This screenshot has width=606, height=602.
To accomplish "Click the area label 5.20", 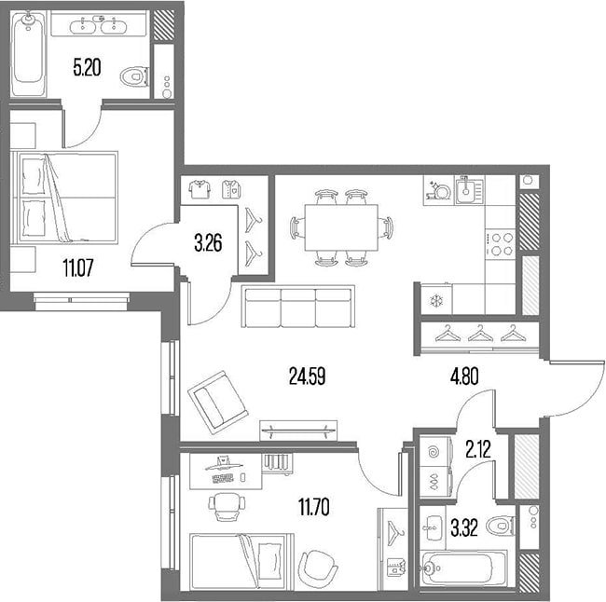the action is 88,68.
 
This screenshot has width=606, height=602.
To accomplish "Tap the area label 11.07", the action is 77,267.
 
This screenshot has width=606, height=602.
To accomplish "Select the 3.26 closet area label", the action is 208,244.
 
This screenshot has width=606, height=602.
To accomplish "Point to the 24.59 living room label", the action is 308,376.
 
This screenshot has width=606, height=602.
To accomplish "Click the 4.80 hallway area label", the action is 464,376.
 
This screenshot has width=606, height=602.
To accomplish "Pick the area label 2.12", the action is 478,449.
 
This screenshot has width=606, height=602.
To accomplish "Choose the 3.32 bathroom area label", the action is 464,527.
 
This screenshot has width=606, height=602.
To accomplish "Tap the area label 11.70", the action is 314,507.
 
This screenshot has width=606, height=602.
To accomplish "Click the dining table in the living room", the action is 341,227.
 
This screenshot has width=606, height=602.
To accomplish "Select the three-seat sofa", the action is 298,306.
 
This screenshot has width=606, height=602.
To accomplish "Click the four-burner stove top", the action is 501,244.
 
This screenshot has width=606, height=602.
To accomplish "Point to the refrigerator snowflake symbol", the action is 436,301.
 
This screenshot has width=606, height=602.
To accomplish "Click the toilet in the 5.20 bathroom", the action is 134,76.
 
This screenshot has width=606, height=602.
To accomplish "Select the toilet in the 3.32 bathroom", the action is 501,526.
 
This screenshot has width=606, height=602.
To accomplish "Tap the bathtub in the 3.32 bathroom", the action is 463,568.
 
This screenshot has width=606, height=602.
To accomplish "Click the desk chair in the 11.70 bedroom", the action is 227,506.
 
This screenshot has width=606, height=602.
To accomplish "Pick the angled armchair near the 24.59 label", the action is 218,403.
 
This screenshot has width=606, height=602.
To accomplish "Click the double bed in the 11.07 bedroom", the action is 64,198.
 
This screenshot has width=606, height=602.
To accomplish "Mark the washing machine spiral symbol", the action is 435,450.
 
